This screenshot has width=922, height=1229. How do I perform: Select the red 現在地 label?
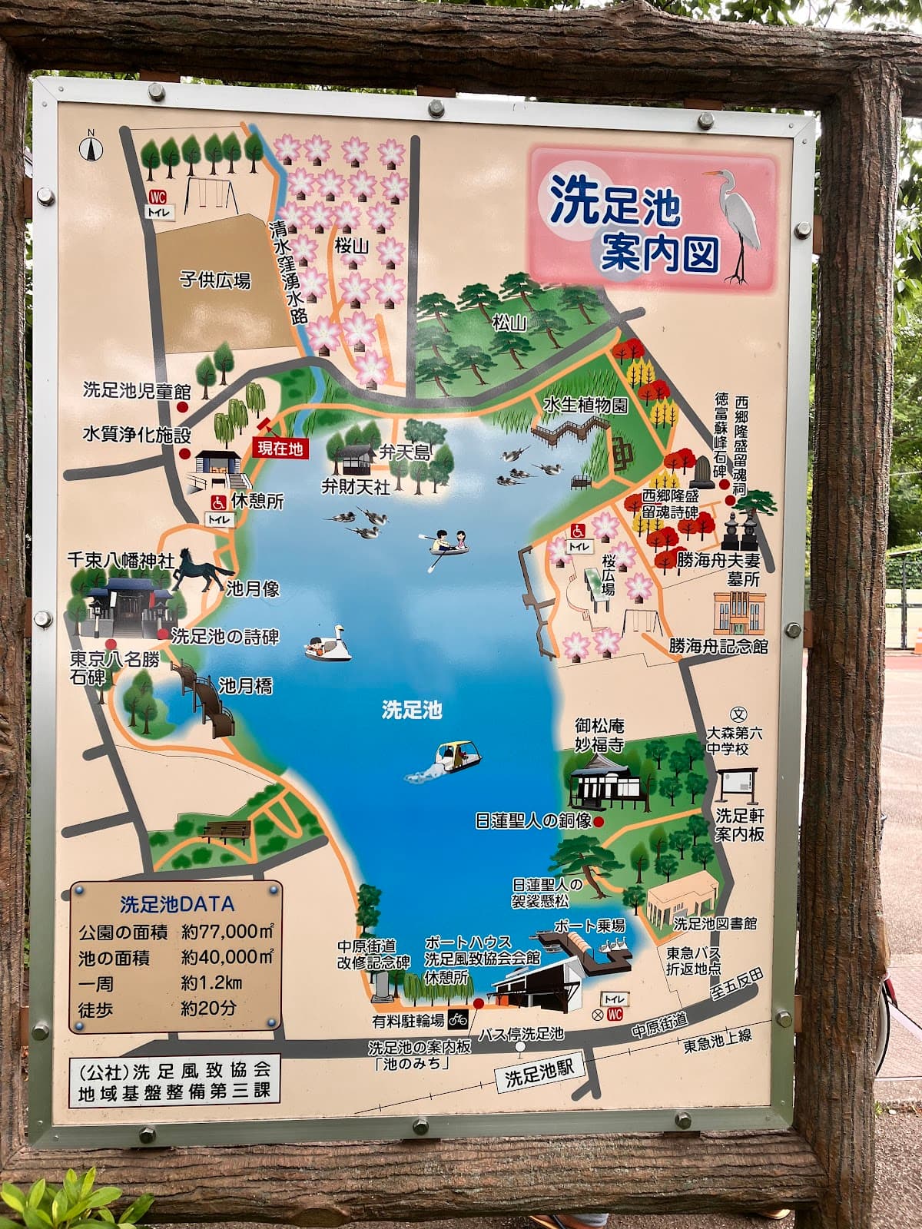point(280,449)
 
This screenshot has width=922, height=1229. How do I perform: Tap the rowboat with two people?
point(448,544)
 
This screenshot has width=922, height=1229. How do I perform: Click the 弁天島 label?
point(405,452)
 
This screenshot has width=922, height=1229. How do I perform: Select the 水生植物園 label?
point(585,404)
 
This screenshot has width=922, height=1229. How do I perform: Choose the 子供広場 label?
point(215,280)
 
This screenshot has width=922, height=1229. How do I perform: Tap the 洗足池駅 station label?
point(539,1073)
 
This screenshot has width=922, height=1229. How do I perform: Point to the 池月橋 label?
point(245,684)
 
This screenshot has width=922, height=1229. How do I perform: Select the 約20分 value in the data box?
point(208,1008)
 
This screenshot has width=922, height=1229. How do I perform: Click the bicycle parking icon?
point(459,1019)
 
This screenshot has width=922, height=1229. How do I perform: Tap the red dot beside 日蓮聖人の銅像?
point(599,822)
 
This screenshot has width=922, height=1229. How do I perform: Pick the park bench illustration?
point(227,830)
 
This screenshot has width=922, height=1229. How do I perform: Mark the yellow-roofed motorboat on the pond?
point(455,757)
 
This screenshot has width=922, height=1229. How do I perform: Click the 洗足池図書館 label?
point(715,923)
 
